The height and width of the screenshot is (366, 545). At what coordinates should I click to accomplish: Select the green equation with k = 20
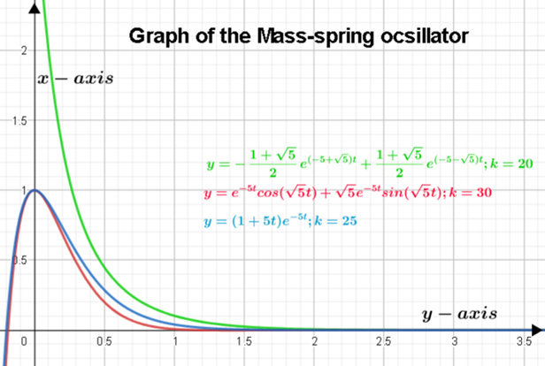point(366,165)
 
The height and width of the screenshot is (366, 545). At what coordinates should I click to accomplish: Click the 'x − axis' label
point(75,79)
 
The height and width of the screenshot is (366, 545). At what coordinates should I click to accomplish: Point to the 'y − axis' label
point(457,313)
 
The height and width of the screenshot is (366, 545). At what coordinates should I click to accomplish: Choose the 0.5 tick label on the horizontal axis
point(104,341)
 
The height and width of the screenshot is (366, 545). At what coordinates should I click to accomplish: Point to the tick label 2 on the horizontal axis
point(314,341)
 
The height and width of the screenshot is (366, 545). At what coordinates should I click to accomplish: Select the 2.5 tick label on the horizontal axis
point(384,341)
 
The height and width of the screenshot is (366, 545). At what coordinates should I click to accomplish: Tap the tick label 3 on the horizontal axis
point(454,341)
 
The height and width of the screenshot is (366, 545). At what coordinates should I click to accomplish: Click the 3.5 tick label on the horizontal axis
point(524,341)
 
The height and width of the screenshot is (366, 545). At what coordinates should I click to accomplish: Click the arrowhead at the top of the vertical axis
point(35,7)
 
